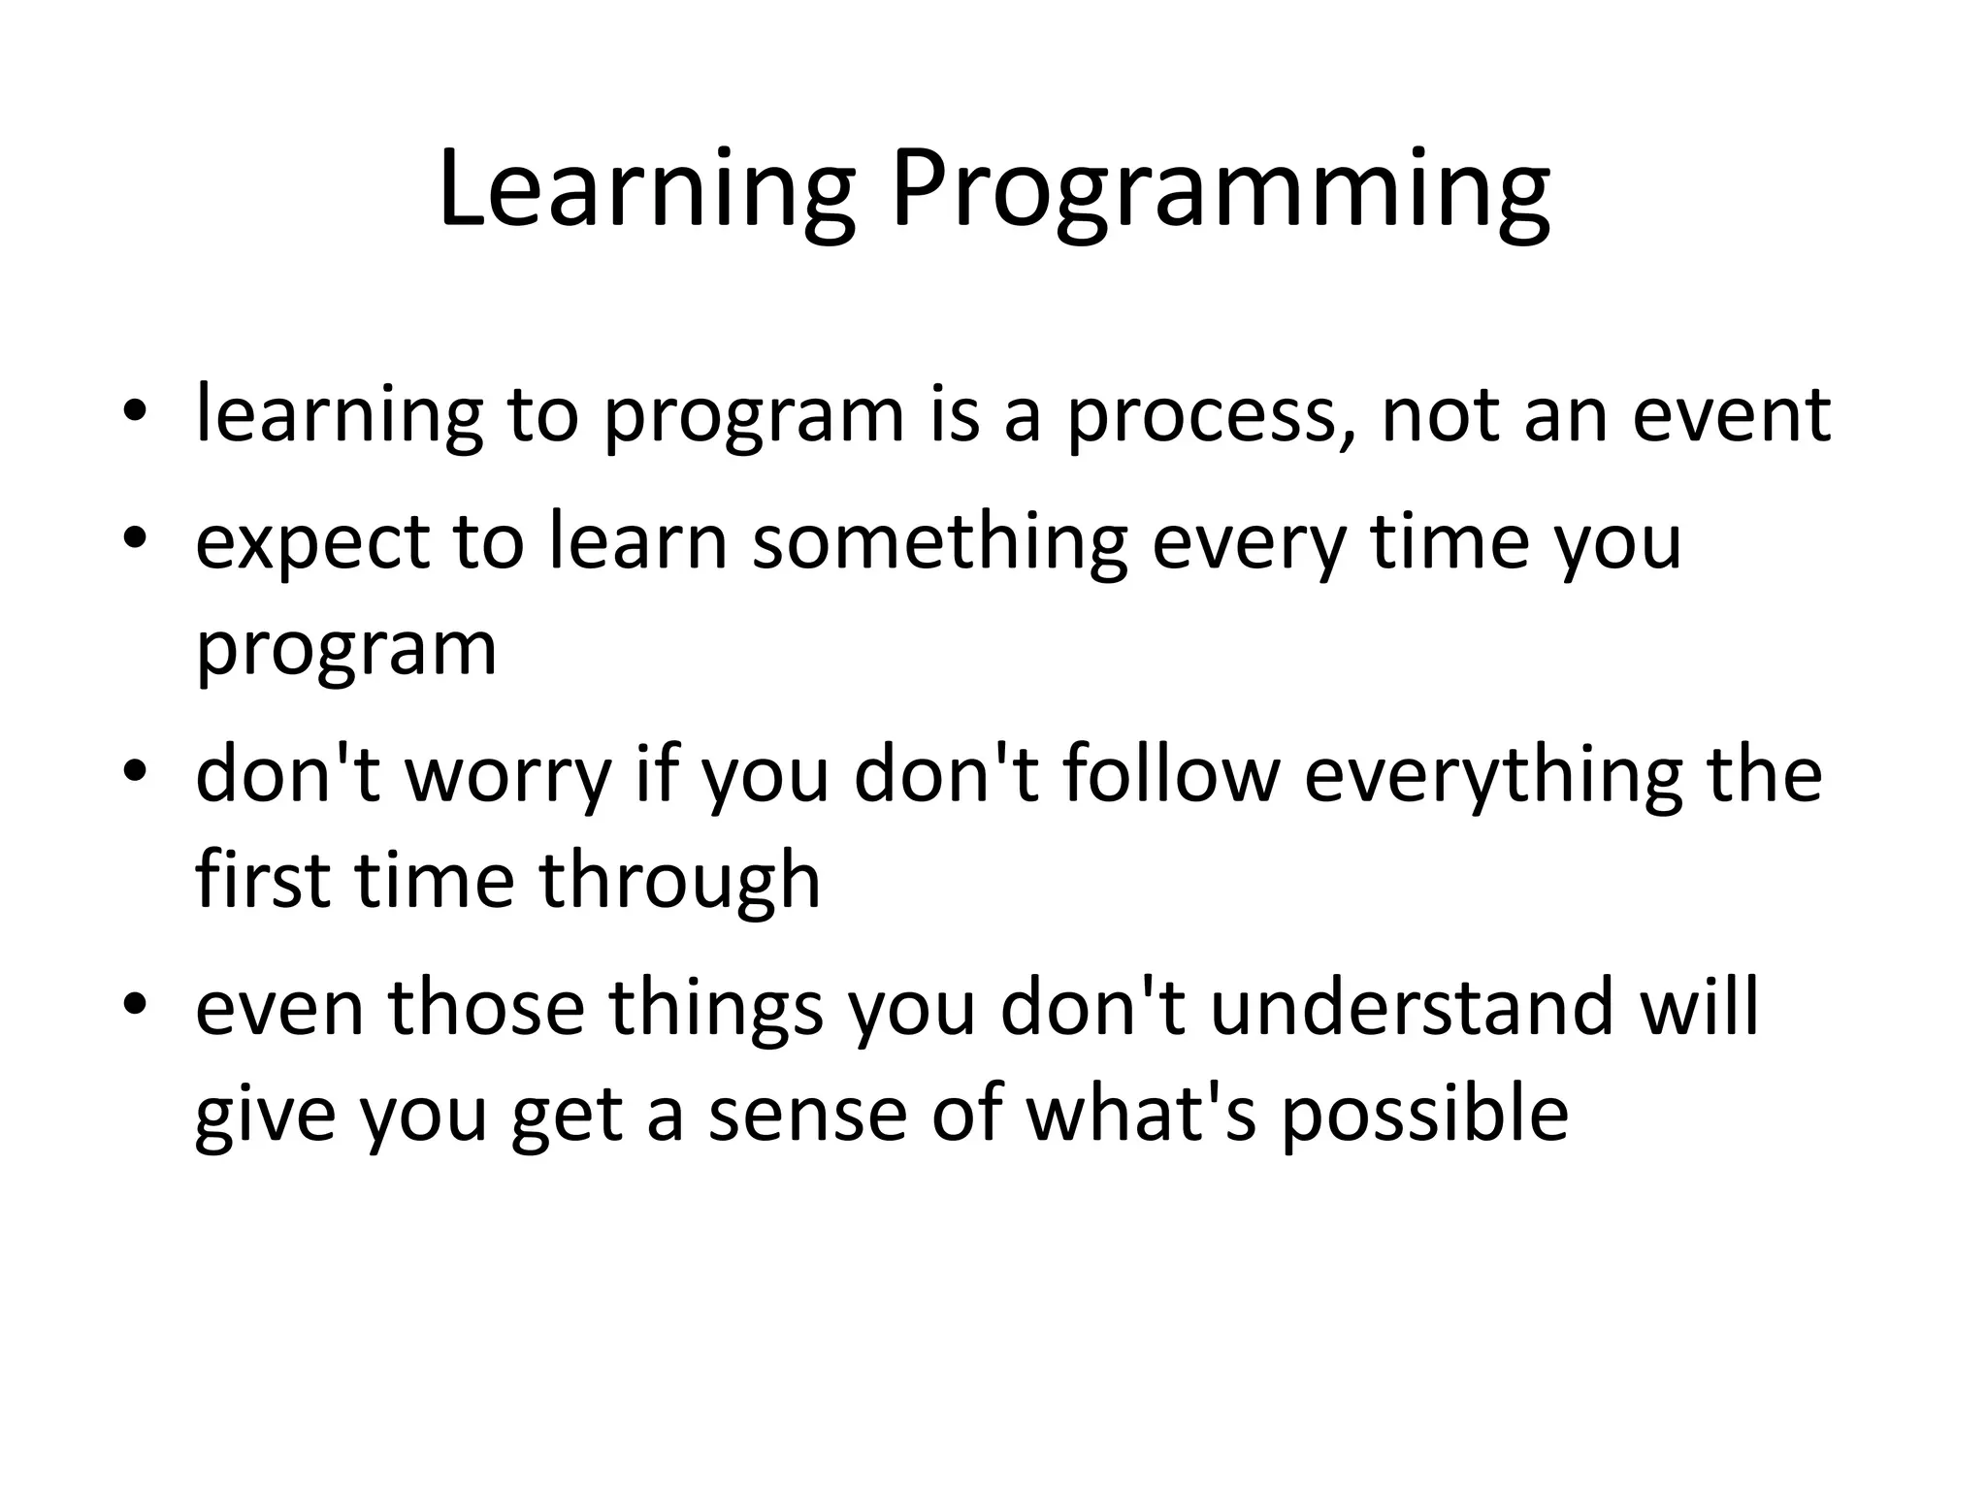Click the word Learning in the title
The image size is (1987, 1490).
click(x=646, y=190)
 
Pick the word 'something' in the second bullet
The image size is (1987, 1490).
click(x=939, y=543)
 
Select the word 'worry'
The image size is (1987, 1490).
click(x=507, y=778)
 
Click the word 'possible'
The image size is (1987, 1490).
click(x=1424, y=1116)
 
